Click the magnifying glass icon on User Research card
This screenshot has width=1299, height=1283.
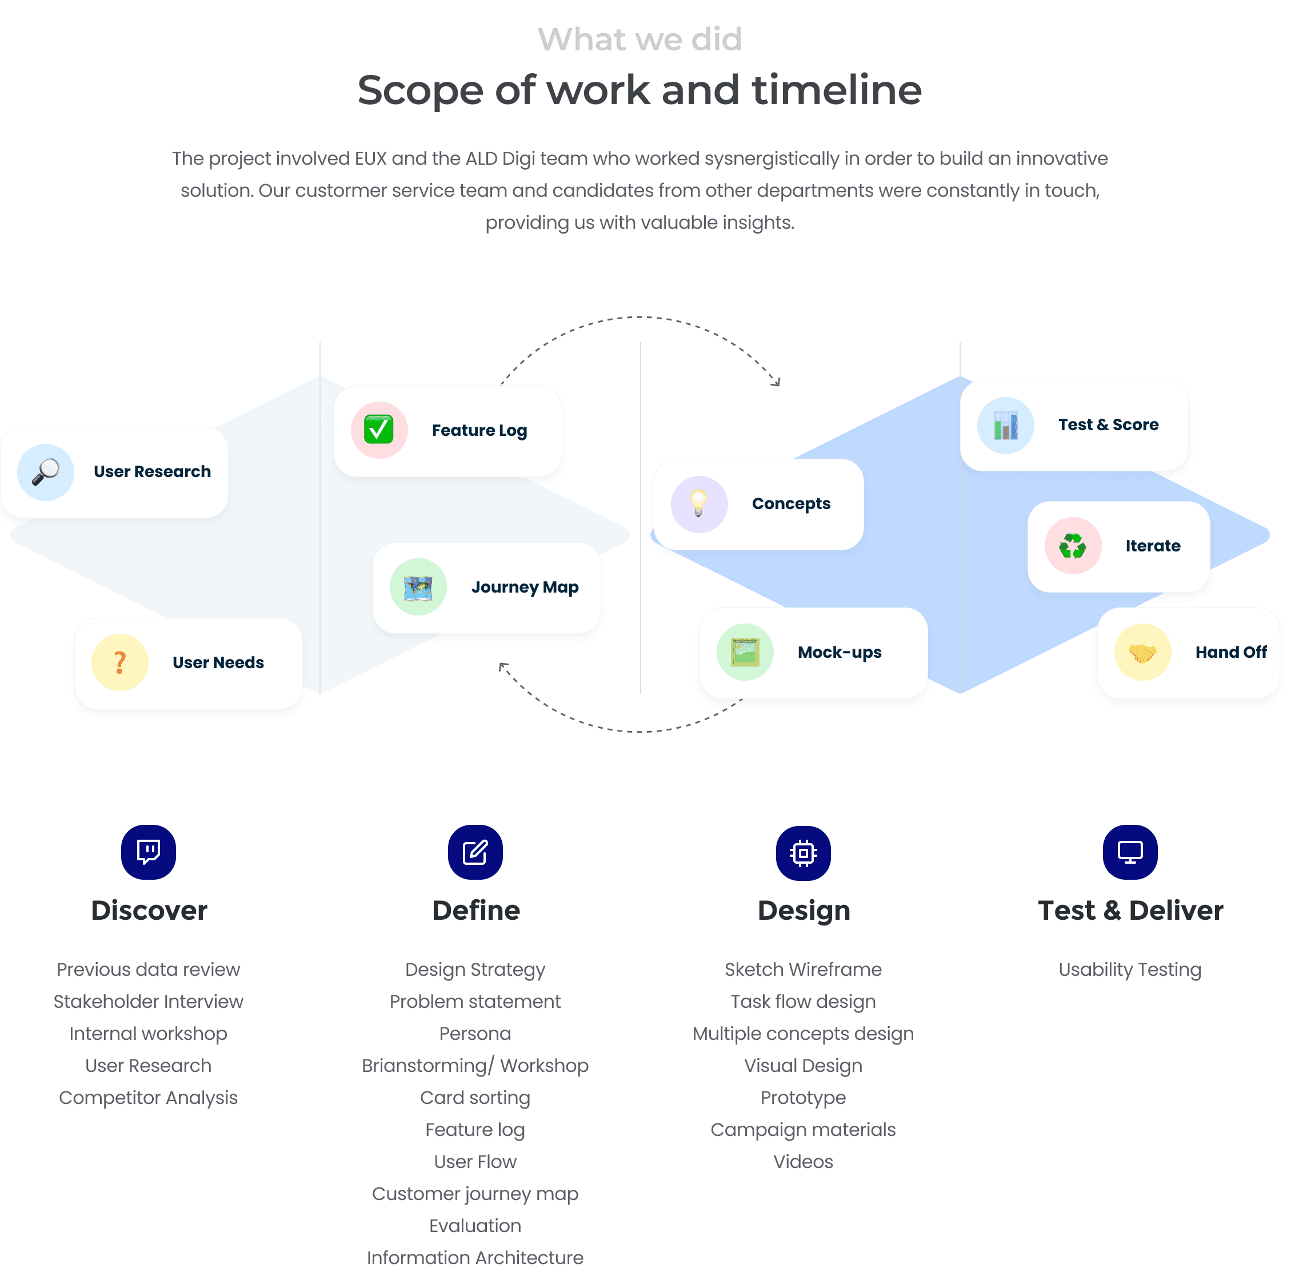click(46, 472)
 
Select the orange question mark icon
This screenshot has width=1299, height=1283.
click(119, 664)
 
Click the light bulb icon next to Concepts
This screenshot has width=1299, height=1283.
click(700, 505)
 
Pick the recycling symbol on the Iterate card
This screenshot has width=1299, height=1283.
click(1073, 546)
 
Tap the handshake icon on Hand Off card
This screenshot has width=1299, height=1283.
click(1143, 653)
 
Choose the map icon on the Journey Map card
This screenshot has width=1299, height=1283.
click(418, 587)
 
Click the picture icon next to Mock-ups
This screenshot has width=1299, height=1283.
click(745, 653)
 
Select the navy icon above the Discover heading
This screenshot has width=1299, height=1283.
click(149, 852)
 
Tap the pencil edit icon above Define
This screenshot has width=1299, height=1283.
click(475, 852)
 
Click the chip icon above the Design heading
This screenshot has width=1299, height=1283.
click(804, 853)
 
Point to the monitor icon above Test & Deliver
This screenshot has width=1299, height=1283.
click(1130, 852)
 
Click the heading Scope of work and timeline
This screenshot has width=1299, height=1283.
click(639, 90)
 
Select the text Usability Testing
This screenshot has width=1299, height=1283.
click(1130, 970)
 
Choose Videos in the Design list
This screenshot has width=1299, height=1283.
click(803, 1162)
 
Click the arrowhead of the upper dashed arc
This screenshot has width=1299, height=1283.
click(777, 383)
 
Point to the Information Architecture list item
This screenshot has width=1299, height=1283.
click(475, 1257)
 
